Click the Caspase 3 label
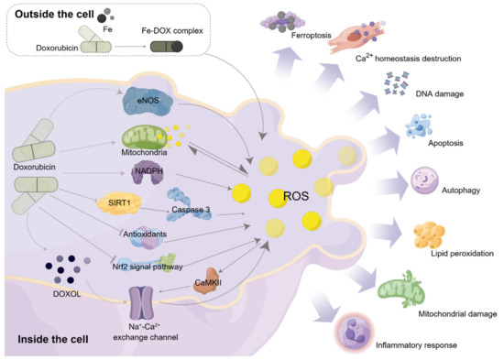tap(192, 212)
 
